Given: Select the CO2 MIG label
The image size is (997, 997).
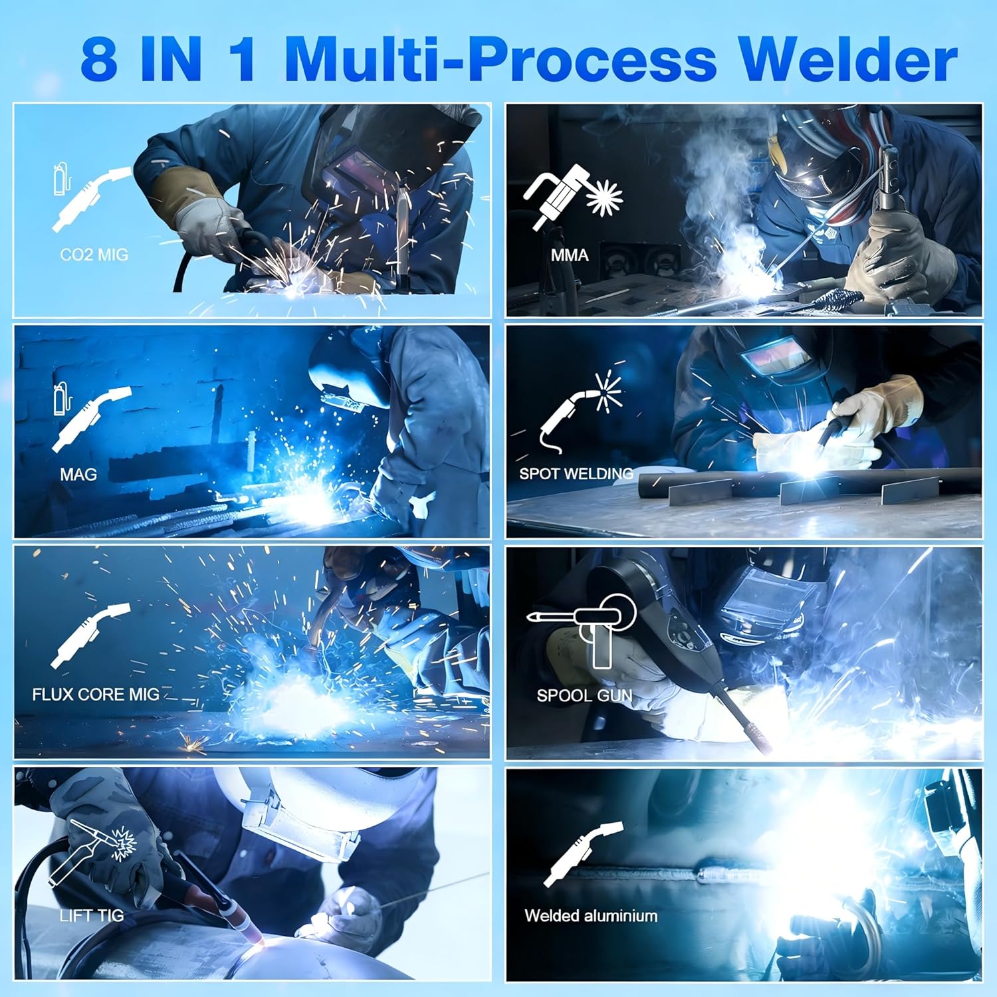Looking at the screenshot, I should (94, 255).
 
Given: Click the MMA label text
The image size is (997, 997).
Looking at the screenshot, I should (570, 255).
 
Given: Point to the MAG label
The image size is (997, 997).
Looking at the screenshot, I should (78, 475).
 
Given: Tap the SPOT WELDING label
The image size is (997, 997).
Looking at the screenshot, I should (576, 474).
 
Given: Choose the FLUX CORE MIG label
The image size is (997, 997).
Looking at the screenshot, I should (96, 695).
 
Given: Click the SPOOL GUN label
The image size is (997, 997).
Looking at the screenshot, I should (584, 696).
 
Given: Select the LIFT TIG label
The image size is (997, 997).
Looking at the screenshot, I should (92, 915).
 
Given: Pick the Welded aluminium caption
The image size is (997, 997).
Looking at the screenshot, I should (591, 915).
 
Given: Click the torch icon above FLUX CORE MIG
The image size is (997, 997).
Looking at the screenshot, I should (90, 635).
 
